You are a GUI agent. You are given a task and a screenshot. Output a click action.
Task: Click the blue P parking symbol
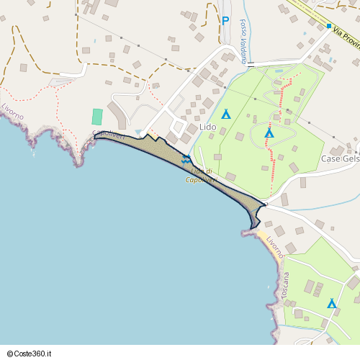pos(225,22)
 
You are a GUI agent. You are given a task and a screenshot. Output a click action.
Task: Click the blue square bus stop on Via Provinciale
pos(329,27)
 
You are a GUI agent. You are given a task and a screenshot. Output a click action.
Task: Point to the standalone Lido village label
pos(207,127)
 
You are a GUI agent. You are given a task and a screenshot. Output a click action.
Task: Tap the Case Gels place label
pos(339,158)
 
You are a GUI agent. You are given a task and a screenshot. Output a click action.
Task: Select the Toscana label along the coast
pos(286,286)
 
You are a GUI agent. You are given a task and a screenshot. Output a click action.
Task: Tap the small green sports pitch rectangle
pos(97,116)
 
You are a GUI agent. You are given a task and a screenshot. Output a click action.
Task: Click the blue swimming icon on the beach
pos(186,158)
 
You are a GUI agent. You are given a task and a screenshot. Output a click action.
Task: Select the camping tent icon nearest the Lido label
pos(225,114)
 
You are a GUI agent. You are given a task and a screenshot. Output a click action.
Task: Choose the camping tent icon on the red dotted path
pos(269,132)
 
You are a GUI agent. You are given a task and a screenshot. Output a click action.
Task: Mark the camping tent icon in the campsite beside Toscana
pos(332,304)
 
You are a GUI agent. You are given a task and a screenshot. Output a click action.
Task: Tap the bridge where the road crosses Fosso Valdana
pos(243,63)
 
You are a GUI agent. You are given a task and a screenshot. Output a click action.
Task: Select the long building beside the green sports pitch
pos(117,115)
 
